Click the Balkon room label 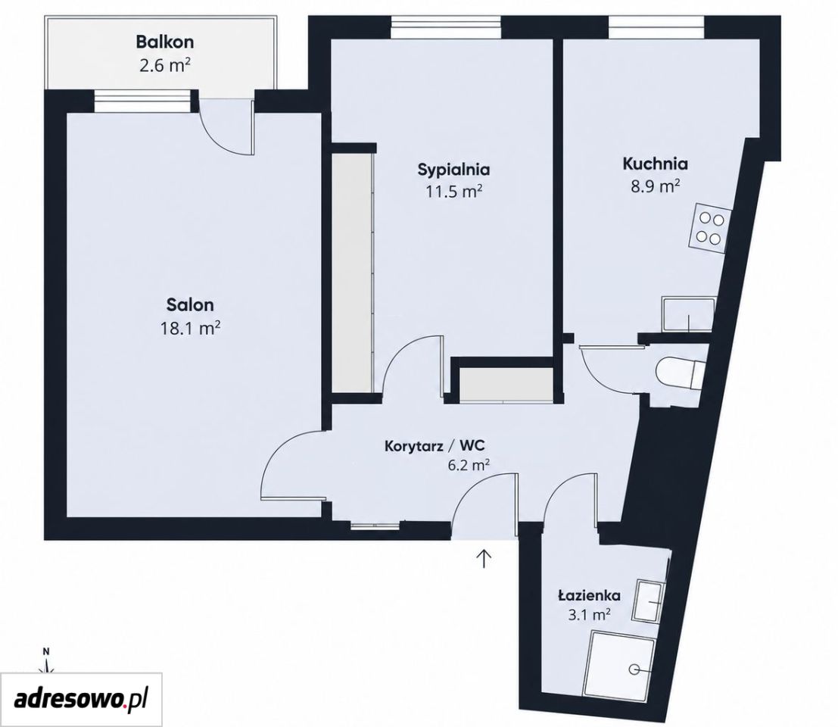click(x=164, y=41)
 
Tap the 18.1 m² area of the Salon click(x=190, y=328)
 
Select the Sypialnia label click(x=453, y=170)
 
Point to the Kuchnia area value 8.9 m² click(x=656, y=186)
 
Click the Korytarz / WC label click(x=435, y=445)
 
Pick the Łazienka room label click(x=589, y=595)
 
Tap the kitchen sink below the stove click(x=688, y=314)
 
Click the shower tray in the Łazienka click(x=622, y=661)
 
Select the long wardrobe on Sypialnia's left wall click(x=352, y=273)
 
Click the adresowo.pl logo click(x=81, y=700)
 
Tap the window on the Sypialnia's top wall click(x=445, y=27)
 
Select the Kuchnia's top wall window click(x=656, y=27)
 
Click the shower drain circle click(x=635, y=668)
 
